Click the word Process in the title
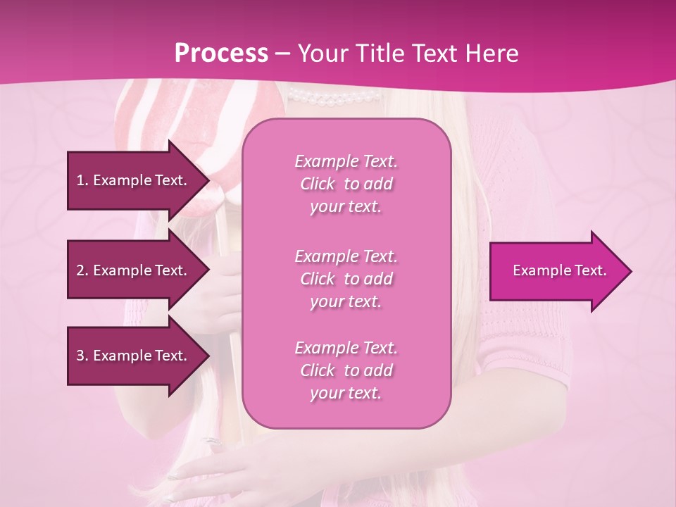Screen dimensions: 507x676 pos(221,53)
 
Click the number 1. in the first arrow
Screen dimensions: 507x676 pos(82,180)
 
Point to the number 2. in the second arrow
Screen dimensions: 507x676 pos(82,270)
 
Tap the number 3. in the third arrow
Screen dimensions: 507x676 pos(82,356)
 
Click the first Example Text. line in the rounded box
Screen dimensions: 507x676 pos(346,161)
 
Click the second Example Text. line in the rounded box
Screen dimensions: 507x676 pos(346,256)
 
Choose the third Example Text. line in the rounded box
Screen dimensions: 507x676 pos(346,348)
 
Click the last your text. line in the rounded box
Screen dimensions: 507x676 pos(346,393)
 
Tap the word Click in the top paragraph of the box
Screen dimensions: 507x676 pos(318,184)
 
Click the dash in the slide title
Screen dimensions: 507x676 pos(283,54)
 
